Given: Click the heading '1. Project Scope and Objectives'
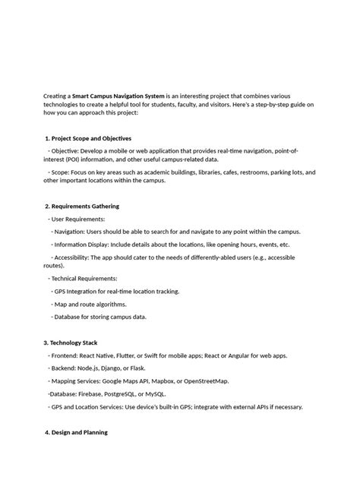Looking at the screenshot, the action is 89,138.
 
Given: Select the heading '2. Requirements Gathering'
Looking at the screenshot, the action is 83,206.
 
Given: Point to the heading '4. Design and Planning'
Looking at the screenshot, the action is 76,432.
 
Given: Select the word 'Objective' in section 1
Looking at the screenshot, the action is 65,151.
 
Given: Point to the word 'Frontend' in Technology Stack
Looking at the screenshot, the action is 67,355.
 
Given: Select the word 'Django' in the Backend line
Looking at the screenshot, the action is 125,368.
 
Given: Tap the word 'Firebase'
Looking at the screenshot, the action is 93,394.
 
